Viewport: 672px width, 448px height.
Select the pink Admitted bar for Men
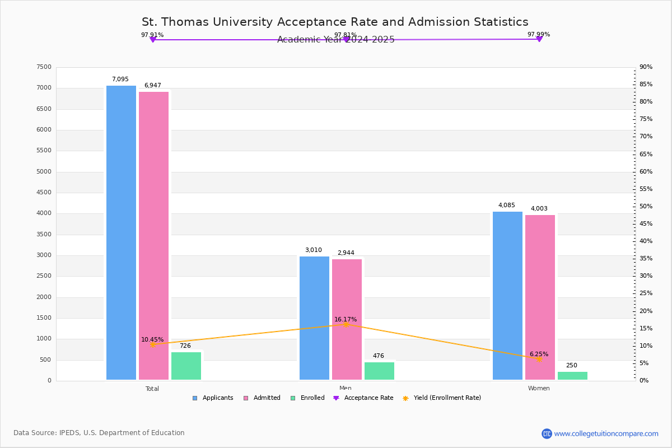pos(347,319)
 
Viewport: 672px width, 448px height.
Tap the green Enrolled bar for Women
pos(572,376)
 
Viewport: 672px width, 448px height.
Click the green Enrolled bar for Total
pos(186,366)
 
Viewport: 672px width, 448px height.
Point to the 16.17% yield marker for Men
pos(346,325)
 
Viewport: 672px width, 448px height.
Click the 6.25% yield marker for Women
pos(539,360)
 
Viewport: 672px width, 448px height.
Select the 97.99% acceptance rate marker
pos(539,39)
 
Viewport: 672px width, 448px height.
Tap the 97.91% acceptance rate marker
pos(152,40)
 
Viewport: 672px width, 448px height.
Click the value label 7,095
pos(120,80)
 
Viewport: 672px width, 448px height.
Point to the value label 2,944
pos(346,253)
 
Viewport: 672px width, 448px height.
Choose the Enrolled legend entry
pos(307,398)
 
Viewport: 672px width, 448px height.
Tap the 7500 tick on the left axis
pos(44,67)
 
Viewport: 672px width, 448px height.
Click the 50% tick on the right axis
pos(646,207)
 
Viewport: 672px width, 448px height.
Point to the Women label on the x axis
pos(539,389)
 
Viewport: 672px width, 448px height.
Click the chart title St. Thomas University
pos(335,22)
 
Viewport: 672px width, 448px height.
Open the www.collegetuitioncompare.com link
pos(606,433)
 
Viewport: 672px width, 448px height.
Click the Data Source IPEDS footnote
pos(99,433)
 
